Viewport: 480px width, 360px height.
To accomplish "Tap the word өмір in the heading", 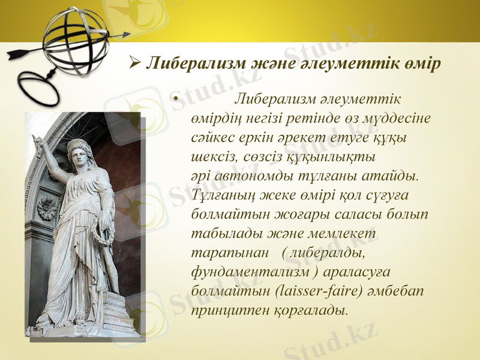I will point(418,62).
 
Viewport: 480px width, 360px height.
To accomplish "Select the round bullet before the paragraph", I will point(174,99).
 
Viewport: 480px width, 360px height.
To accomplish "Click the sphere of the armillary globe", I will point(76,39).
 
